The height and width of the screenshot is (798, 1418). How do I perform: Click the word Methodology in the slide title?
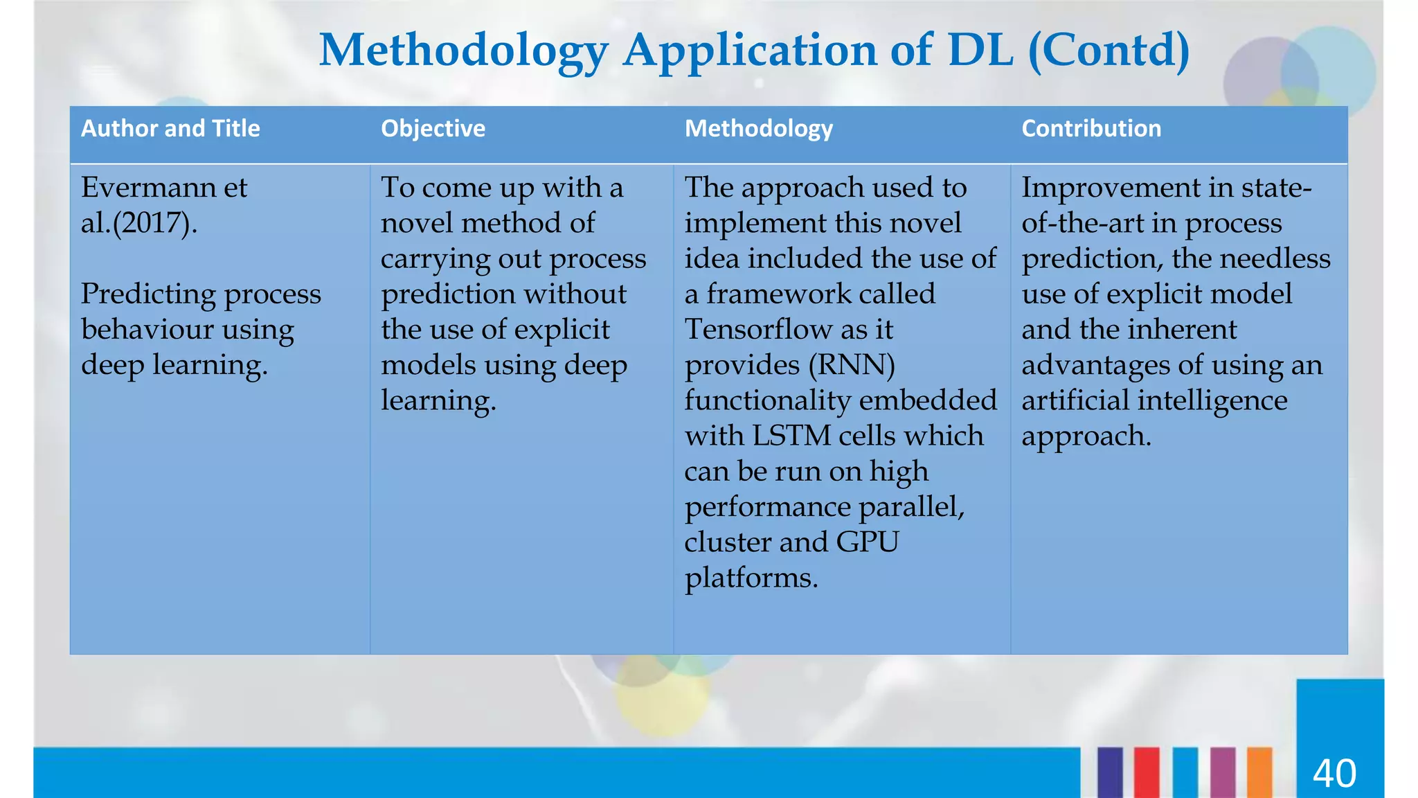[463, 51]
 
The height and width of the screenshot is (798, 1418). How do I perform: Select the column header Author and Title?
[170, 129]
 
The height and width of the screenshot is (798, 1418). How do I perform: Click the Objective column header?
[433, 129]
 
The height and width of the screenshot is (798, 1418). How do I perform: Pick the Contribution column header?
[1091, 129]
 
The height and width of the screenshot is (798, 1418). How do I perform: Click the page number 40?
[1334, 774]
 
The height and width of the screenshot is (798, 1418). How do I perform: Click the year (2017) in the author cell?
[151, 224]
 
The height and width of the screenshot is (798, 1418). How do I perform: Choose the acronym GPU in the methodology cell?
[867, 542]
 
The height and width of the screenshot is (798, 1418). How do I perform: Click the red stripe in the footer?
[1147, 772]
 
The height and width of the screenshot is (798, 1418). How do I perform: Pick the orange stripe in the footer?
[1259, 772]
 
